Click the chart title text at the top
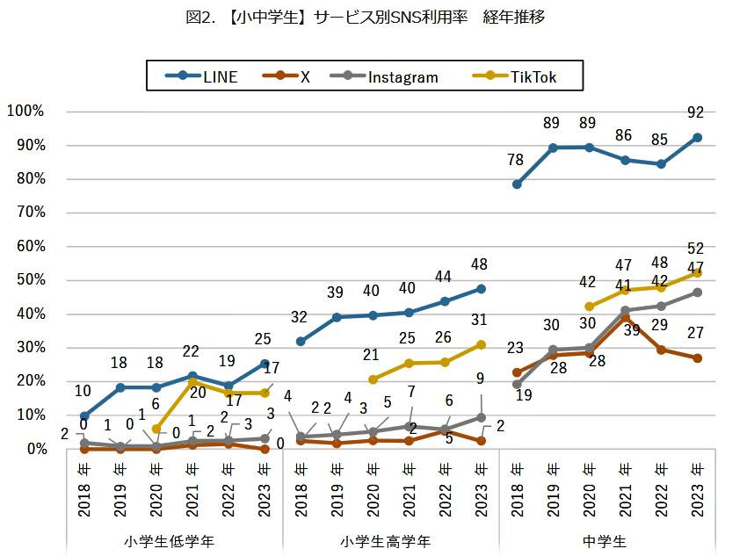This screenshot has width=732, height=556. point(366,18)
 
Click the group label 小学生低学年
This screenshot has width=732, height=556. point(174,540)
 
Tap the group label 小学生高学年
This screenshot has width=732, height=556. point(390,540)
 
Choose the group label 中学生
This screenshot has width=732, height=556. point(607,540)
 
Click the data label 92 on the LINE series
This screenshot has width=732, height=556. point(697,112)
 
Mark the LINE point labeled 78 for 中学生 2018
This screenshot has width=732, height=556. point(518,184)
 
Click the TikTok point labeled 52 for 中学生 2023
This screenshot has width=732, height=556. point(697,272)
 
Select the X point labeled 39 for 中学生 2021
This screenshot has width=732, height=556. point(625,318)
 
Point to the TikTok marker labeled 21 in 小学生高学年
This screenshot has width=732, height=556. point(373,379)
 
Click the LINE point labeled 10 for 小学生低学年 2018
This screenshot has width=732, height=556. point(84,416)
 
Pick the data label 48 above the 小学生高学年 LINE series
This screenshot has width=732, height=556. point(481,264)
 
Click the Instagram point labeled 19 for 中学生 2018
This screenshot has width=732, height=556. point(518,384)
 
